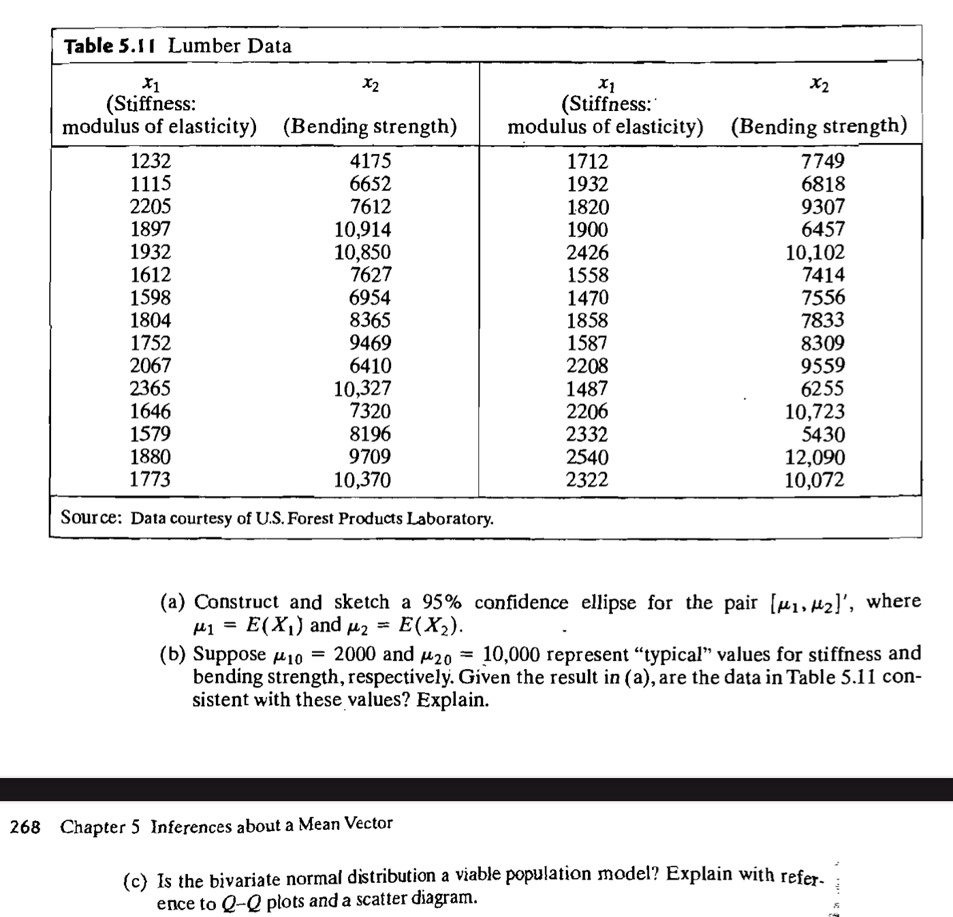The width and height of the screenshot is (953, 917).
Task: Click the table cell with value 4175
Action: pos(370,161)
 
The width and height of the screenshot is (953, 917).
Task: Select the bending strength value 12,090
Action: pos(815,456)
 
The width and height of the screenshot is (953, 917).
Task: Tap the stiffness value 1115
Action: pos(151,183)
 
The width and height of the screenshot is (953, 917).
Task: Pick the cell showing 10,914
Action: pos(362,230)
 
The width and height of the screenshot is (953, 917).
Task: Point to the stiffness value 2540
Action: pos(587,456)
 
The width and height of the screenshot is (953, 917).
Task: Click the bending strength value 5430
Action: pos(823,434)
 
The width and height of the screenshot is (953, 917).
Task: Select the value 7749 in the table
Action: pos(823,161)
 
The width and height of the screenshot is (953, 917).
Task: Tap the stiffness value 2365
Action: pos(151,388)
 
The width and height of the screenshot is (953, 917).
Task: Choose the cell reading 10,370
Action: pos(362,480)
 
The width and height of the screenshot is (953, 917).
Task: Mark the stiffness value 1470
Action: pos(587,298)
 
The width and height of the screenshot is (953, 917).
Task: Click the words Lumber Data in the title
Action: pos(230,46)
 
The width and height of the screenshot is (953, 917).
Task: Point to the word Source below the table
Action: pos(91,518)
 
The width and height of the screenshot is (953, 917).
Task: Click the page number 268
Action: pos(25,827)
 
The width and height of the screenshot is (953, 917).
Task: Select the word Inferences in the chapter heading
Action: pos(191,826)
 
